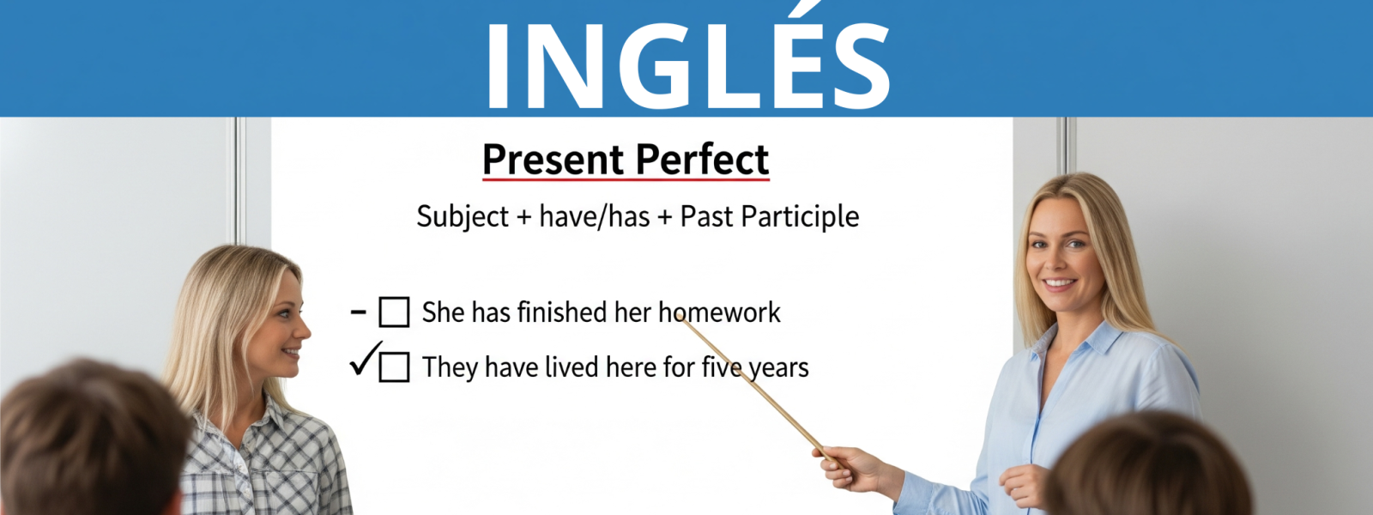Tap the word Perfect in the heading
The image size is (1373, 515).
tap(703, 160)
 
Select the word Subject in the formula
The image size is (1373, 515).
tap(463, 217)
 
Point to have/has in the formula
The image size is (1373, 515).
tap(595, 217)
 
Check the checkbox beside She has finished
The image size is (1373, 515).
tap(394, 312)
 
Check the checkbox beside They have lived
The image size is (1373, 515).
tap(394, 367)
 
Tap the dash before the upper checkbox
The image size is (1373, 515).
tap(359, 312)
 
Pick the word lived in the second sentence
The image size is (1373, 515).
tap(572, 367)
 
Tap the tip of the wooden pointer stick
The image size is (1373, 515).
tap(678, 316)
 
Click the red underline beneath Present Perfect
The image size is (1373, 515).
tap(626, 179)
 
